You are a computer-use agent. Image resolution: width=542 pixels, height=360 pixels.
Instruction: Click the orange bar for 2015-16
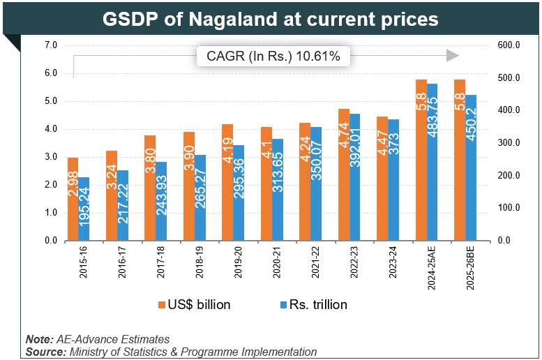coord(73,199)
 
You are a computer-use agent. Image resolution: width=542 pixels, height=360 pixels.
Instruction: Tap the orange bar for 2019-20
coord(227,182)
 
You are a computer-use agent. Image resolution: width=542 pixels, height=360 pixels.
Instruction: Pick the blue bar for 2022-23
coord(355,177)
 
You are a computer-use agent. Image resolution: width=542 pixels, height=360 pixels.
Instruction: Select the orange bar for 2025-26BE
coord(459,160)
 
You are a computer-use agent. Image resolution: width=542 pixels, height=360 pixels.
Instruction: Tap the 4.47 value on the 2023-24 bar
coord(382,148)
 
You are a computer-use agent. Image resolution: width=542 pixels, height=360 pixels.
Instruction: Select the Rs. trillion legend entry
coord(313,304)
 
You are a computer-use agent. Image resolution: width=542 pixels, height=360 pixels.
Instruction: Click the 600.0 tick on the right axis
coord(507,45)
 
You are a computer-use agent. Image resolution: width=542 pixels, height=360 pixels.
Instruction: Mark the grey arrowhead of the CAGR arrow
coord(453,56)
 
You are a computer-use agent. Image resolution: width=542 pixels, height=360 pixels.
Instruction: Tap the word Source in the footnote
coord(45,352)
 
